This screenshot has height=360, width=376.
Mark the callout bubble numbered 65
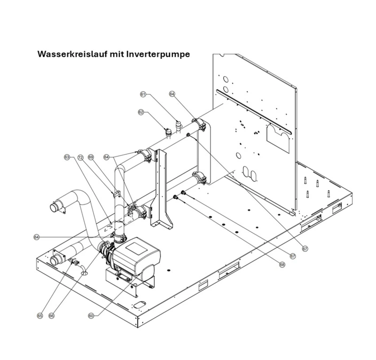40,316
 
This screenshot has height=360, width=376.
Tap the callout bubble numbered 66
52,316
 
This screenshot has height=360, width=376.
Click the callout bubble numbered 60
91,316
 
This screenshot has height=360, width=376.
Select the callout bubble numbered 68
282,265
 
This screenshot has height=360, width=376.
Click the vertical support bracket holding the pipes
162,188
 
